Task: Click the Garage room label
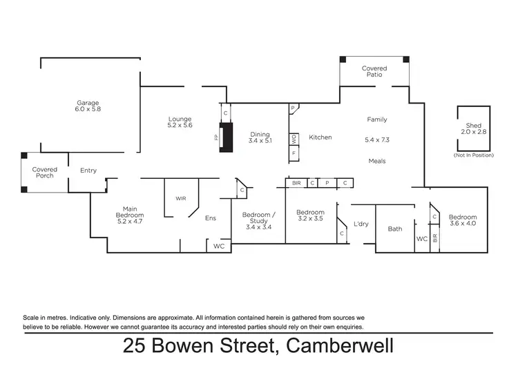coord(88,105)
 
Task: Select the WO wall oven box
coord(294,138)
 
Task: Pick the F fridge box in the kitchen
coord(294,153)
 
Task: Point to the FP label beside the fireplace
coord(215,138)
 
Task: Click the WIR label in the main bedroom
coord(180,198)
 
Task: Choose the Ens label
coord(211,218)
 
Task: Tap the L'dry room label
coord(361,224)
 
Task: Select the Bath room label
coord(394,229)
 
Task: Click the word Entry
coord(88,171)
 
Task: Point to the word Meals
coord(377,161)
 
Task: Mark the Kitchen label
coord(320,137)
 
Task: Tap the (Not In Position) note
coord(474,155)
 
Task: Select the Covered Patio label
coord(374,72)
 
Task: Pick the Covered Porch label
coord(45,173)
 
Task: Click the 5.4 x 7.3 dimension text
coord(377,140)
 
